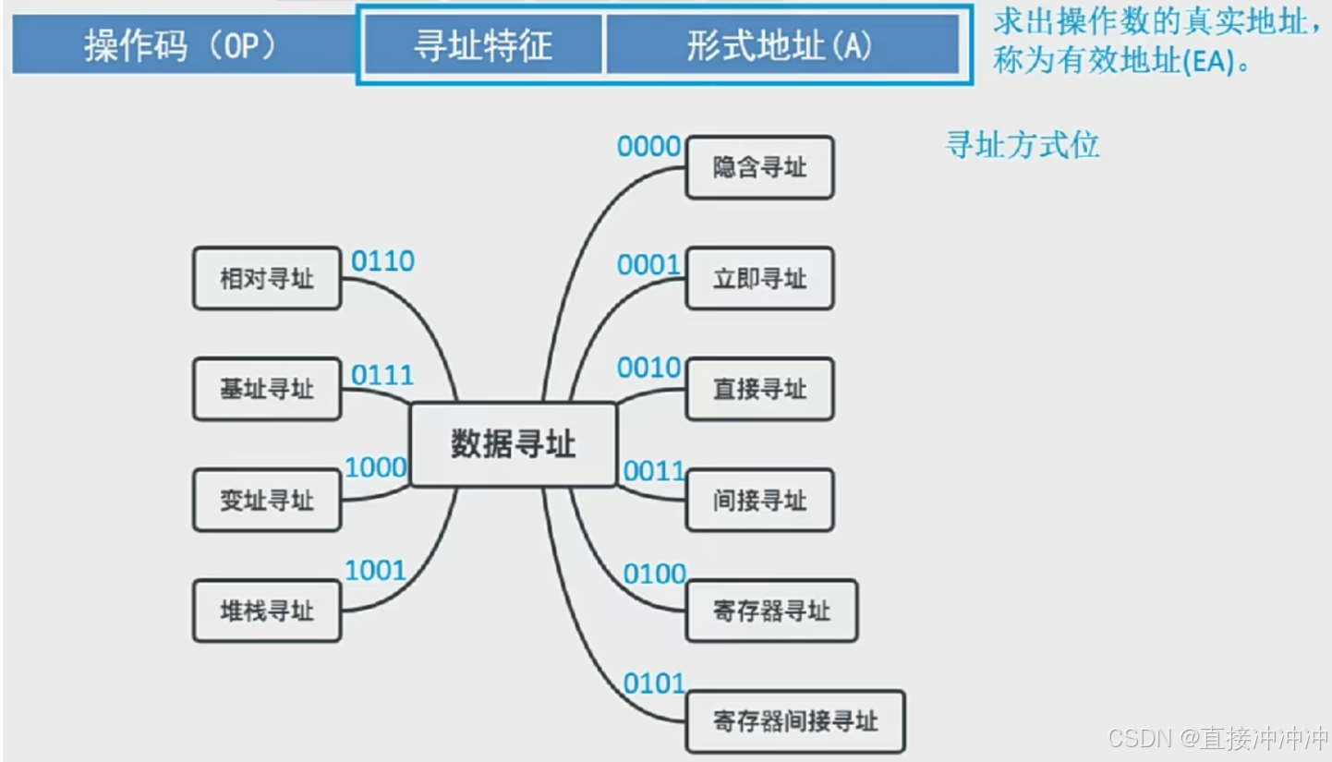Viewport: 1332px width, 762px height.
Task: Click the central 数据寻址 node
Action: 513,444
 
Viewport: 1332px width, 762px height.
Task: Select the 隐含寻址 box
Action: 759,167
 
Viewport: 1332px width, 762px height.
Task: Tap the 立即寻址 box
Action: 759,278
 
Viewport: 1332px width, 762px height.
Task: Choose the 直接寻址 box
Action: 759,389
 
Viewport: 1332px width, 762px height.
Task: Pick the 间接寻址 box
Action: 759,500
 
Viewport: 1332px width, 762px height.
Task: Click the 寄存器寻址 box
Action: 771,611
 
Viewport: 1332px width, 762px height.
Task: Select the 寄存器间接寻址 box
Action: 795,720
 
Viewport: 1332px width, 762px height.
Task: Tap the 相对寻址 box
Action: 267,278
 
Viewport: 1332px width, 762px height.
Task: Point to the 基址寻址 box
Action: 267,389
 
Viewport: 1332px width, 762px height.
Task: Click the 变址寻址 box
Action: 267,500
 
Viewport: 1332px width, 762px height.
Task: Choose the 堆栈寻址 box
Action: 267,611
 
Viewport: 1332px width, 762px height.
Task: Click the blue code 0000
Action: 648,146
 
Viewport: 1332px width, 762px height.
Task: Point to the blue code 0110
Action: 382,261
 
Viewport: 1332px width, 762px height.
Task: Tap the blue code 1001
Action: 375,571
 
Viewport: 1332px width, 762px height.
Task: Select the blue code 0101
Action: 654,684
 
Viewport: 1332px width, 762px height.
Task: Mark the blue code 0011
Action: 654,472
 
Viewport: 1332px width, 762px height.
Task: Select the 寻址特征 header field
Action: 482,45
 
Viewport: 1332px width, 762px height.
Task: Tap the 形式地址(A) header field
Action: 781,45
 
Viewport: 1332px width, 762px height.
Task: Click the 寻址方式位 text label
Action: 1023,145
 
